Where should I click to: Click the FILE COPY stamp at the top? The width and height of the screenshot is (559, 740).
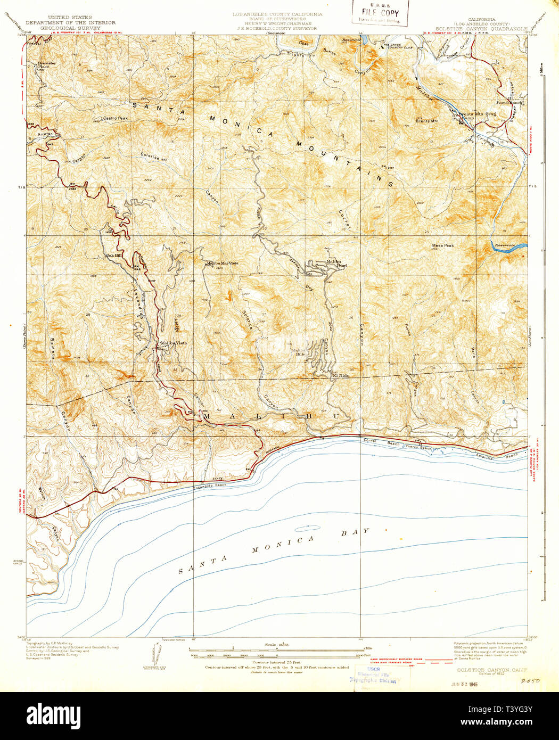point(380,13)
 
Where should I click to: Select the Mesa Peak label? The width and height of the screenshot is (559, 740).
point(442,245)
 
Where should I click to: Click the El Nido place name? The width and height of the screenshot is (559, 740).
point(341,376)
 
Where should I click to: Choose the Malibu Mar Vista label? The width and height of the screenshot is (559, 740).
point(222,263)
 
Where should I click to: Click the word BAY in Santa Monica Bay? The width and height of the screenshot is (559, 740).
point(356,532)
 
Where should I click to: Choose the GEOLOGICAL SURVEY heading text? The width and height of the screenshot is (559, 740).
point(70,28)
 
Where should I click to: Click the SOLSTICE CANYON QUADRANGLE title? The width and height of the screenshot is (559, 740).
point(481,28)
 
